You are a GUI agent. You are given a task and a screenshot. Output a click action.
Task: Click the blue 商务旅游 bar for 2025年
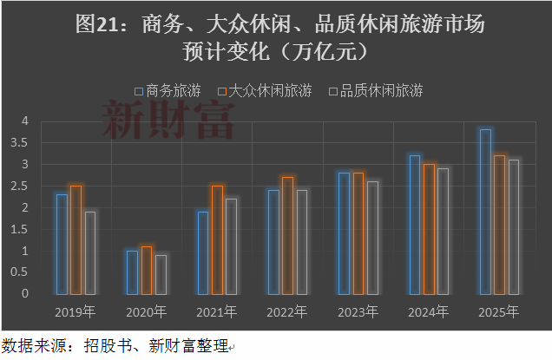[x=485, y=211]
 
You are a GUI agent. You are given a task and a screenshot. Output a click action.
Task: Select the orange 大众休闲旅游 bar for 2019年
[x=76, y=239]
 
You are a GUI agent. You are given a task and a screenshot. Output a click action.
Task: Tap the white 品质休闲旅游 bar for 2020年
[x=161, y=273]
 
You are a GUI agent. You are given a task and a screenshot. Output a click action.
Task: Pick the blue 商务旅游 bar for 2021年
[x=203, y=252]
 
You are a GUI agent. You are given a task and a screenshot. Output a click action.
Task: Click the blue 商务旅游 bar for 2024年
[x=414, y=224]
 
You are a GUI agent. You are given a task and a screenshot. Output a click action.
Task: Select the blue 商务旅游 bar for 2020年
[x=133, y=272]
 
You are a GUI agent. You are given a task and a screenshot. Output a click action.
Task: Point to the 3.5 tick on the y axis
[x=25, y=142]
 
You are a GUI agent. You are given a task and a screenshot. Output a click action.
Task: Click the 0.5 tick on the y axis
[x=25, y=272]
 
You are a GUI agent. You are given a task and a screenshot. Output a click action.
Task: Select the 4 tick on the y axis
[x=25, y=121]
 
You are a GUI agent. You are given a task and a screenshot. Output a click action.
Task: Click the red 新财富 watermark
[x=168, y=120]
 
